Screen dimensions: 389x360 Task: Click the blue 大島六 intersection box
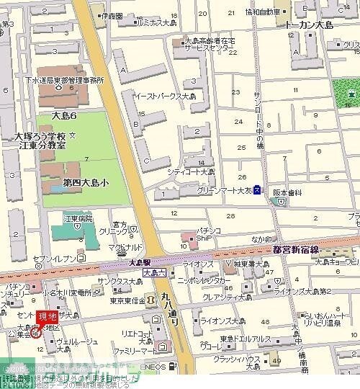(x=154, y=273)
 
